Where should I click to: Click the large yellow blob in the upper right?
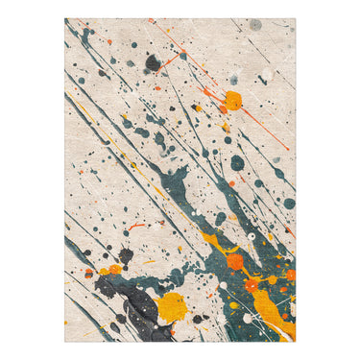(232, 100)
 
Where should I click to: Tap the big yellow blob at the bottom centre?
(172, 306)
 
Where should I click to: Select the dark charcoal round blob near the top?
(153, 63)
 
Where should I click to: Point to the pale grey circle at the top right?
(255, 24)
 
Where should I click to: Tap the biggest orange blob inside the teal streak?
(234, 261)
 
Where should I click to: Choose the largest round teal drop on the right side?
(237, 163)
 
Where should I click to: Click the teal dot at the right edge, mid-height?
(289, 204)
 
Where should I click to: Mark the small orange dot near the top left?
(109, 41)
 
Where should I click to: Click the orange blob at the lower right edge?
(290, 275)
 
